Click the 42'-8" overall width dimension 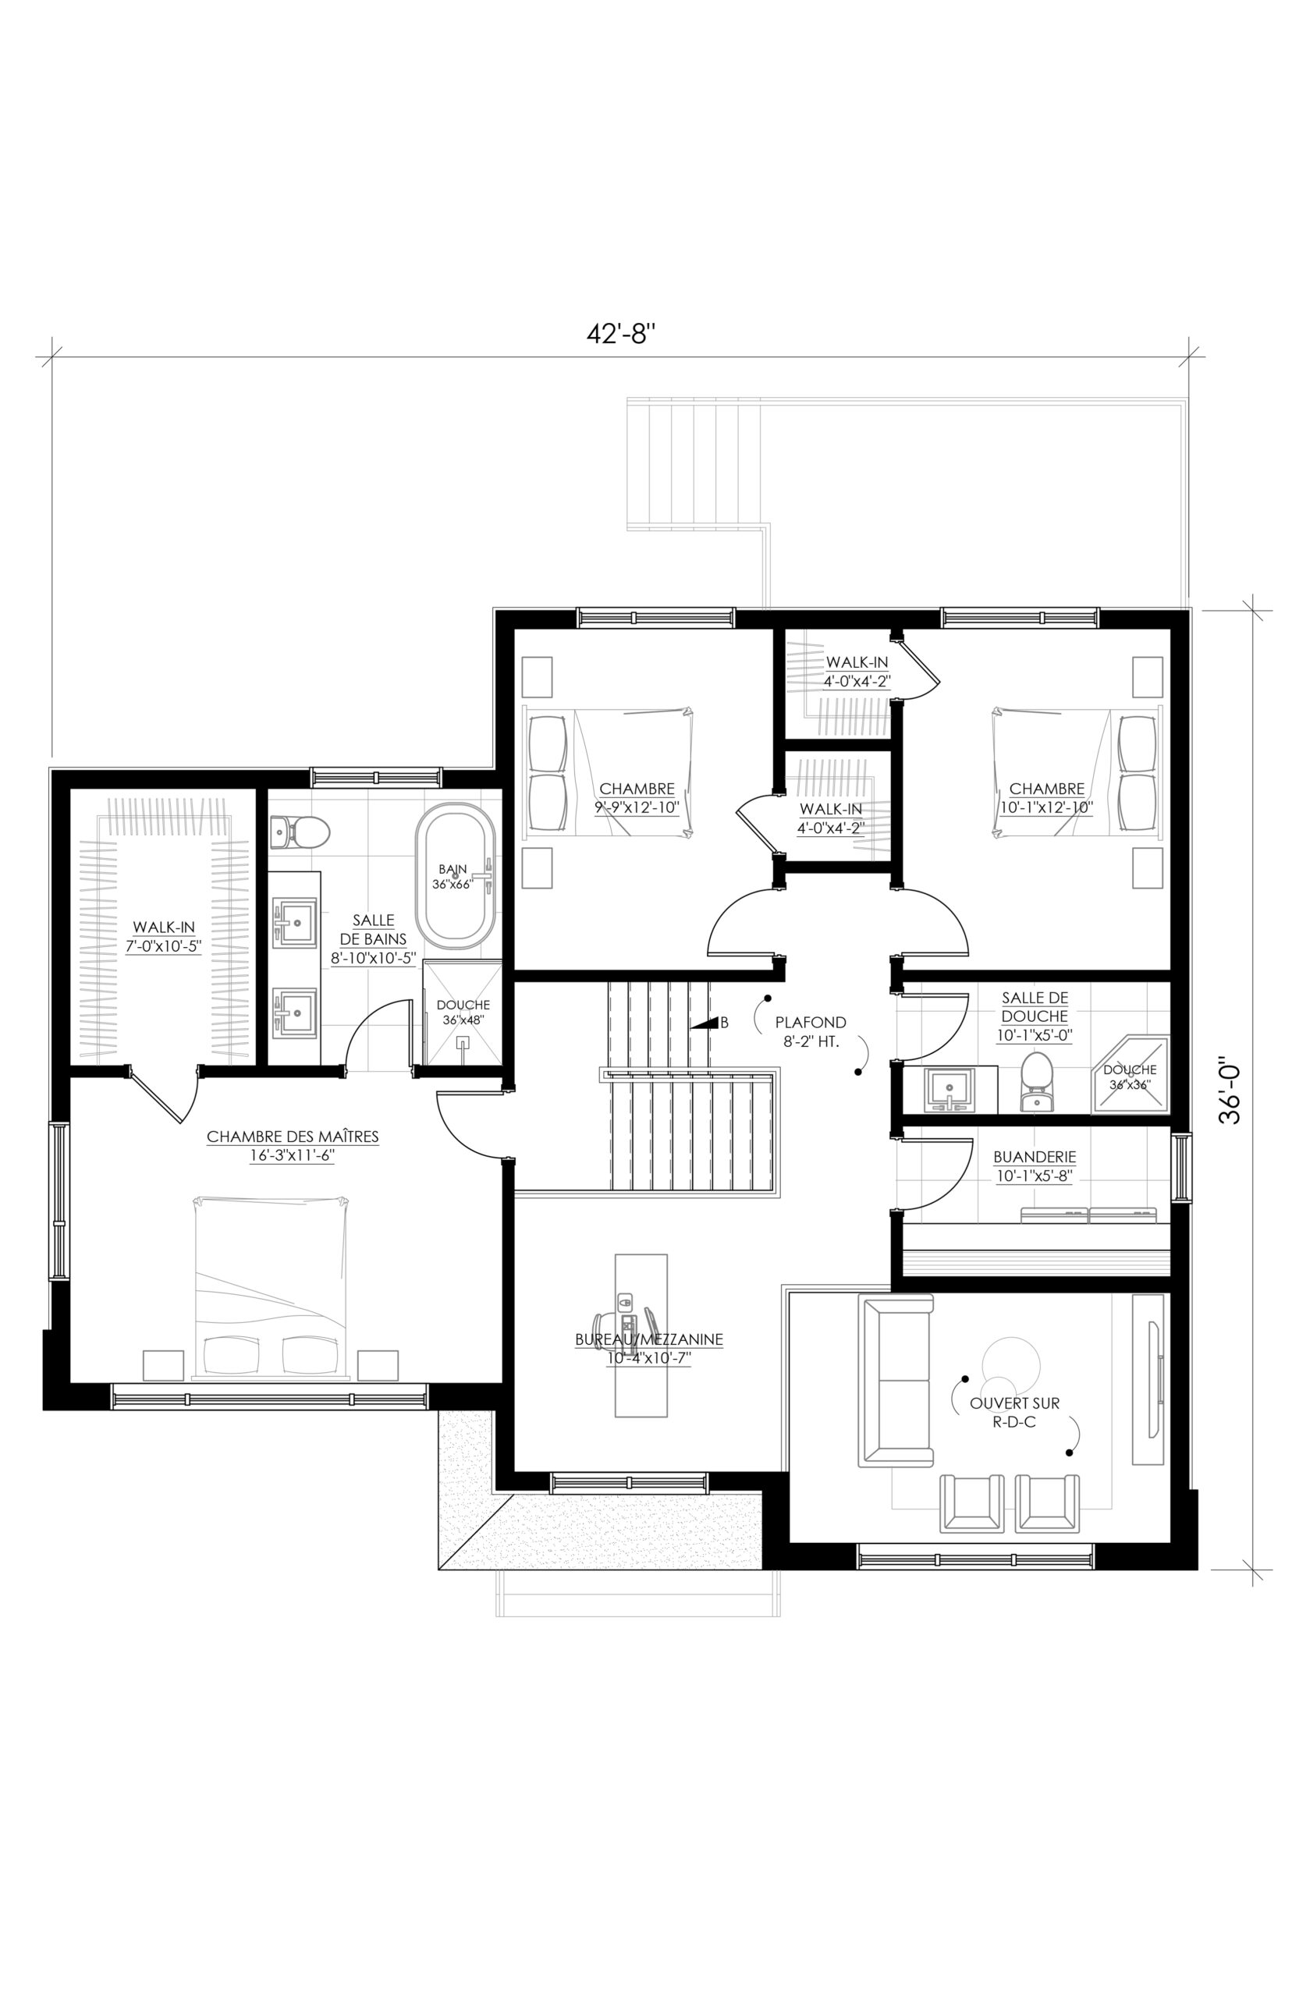[x=620, y=334]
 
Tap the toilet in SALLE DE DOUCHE [x=1037, y=1081]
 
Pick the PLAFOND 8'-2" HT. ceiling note [x=811, y=1031]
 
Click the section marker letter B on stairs [x=725, y=1023]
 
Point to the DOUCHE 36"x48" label [x=463, y=1013]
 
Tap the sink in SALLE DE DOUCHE [x=949, y=1090]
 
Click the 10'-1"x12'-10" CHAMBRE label [x=1046, y=797]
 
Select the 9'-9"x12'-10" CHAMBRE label [x=637, y=797]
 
